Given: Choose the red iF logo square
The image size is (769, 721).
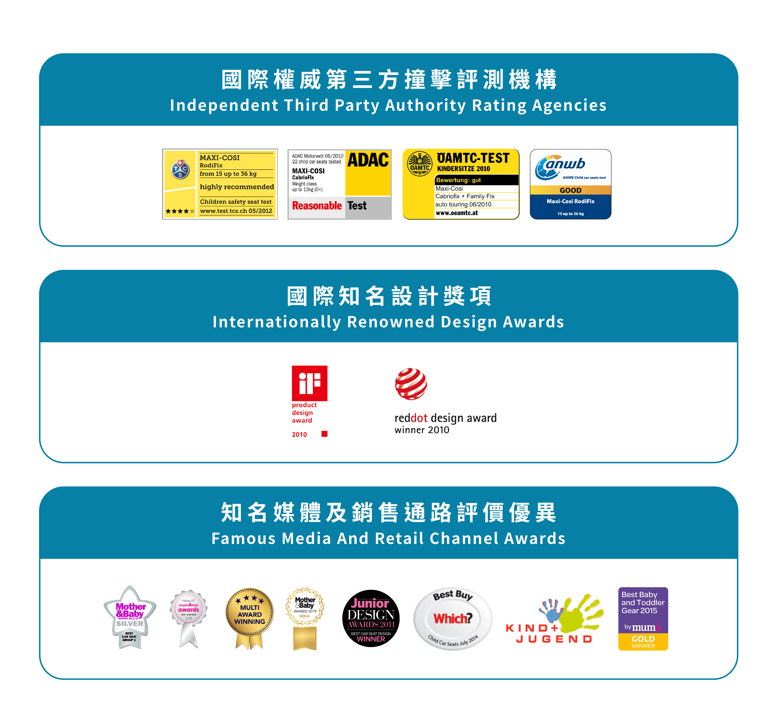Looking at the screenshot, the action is click(x=309, y=383).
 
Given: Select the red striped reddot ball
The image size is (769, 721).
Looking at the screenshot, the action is click(x=411, y=384).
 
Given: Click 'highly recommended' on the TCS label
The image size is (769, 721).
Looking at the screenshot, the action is click(x=237, y=187).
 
